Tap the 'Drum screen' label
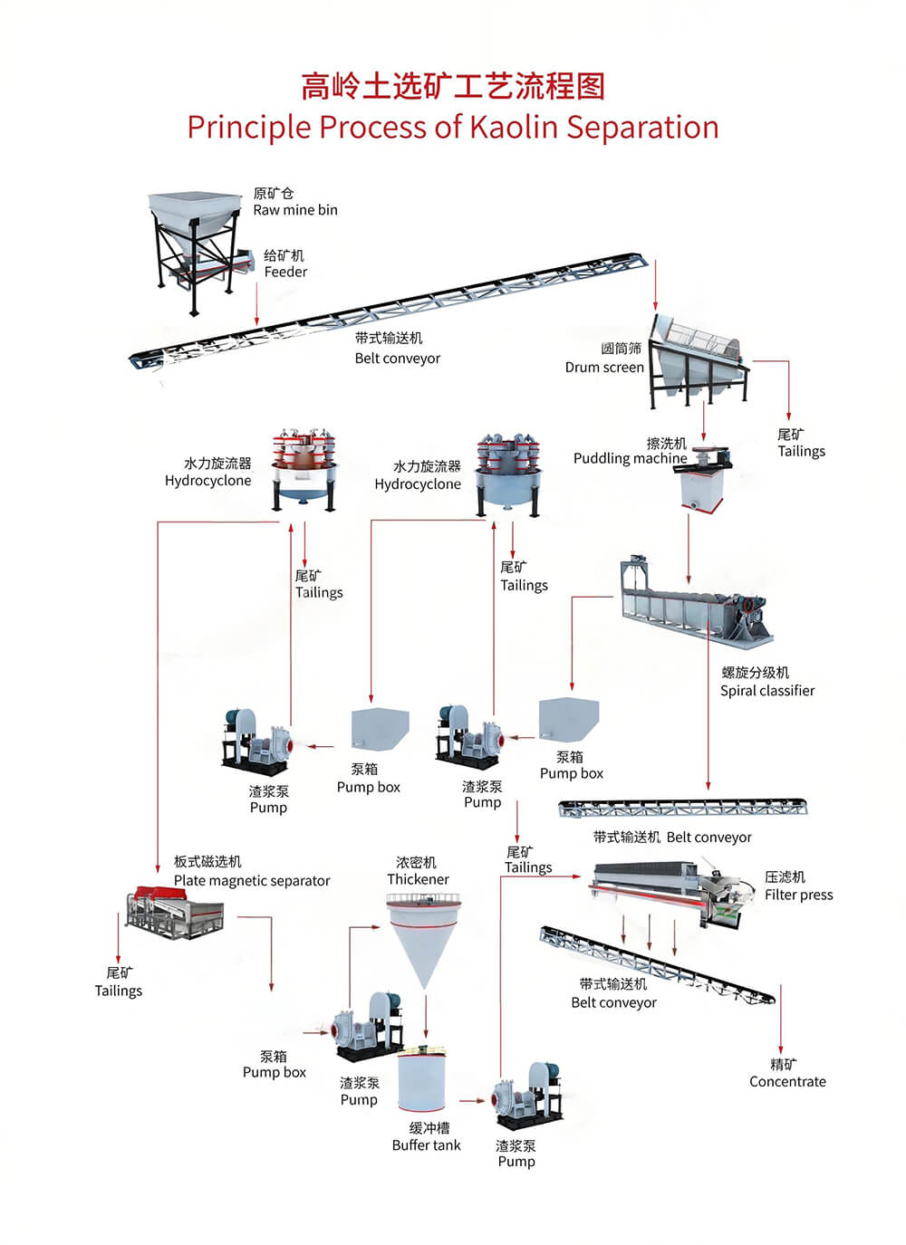tap(604, 367)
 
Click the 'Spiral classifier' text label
tap(767, 691)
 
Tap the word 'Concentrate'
tap(787, 1081)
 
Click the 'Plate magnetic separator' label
tap(252, 880)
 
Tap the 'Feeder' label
tap(285, 272)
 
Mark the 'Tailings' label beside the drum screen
tap(802, 451)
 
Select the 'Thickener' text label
tap(418, 879)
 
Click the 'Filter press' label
tap(798, 895)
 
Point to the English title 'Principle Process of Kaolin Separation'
tap(453, 127)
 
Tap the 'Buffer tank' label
tap(426, 1145)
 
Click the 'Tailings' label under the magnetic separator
tap(119, 991)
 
